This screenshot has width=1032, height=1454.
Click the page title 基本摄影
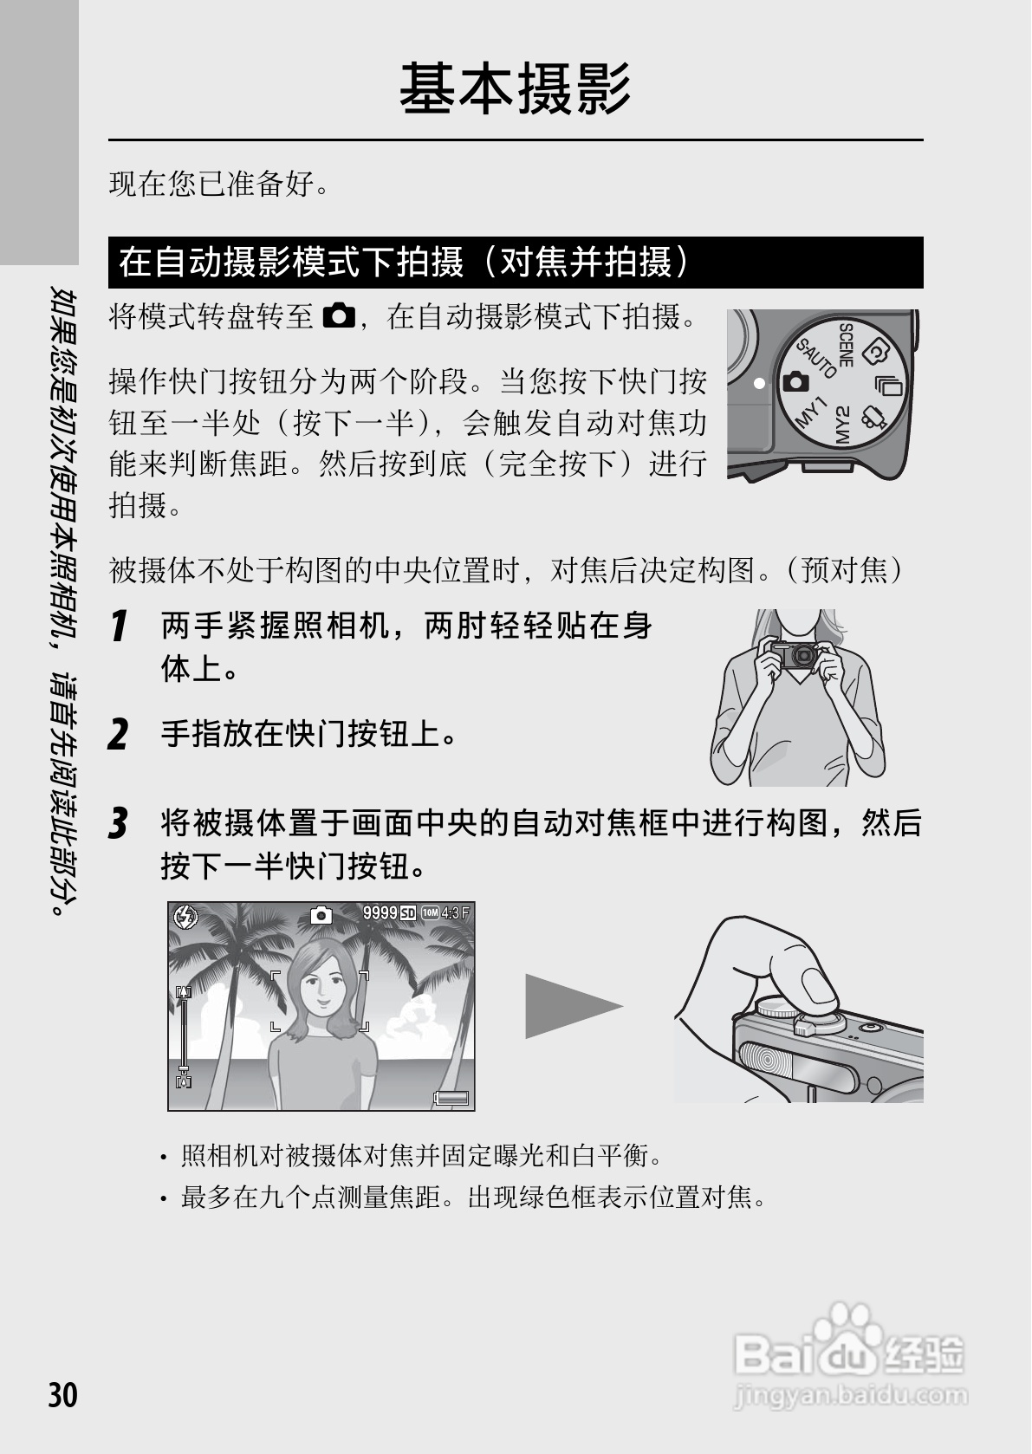(515, 88)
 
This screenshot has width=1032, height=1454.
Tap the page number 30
(62, 1395)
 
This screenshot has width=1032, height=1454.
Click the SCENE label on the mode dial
(847, 345)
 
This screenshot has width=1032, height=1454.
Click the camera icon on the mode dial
(795, 381)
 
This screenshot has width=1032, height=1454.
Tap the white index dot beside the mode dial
(759, 382)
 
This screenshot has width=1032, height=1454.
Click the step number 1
(119, 626)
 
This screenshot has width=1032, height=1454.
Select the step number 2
(118, 735)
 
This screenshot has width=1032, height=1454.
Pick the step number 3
(118, 823)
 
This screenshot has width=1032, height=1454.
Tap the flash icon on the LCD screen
(185, 916)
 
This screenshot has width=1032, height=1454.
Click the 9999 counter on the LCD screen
(380, 912)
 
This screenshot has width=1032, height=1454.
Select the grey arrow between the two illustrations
(572, 1005)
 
